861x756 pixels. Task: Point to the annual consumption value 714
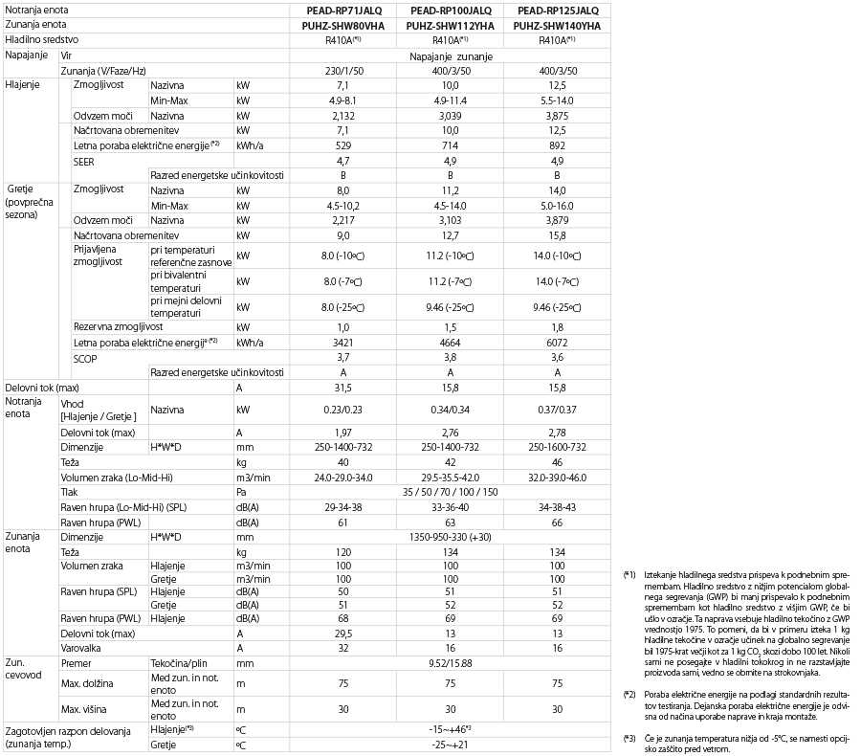pos(450,145)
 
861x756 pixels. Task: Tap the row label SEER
pos(84,161)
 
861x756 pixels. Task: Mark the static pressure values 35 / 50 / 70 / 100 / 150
pos(450,492)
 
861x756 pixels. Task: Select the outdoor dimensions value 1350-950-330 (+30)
pos(450,538)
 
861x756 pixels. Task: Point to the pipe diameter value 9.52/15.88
pos(450,662)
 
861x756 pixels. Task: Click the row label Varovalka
pos(81,647)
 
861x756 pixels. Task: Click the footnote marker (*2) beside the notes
pos(629,693)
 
